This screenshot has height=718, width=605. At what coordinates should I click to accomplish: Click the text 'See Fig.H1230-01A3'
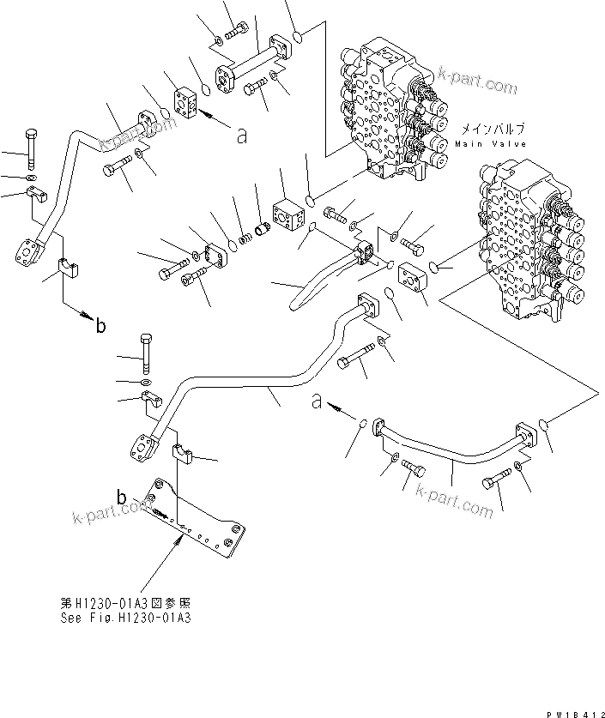click(x=129, y=615)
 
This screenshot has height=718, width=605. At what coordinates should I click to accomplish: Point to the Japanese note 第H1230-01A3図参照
click(x=129, y=601)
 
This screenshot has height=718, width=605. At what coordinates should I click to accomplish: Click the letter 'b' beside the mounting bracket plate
click(x=122, y=497)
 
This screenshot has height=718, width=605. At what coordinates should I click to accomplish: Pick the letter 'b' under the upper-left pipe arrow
click(x=100, y=325)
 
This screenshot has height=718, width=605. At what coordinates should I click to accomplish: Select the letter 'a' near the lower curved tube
click(x=316, y=401)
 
